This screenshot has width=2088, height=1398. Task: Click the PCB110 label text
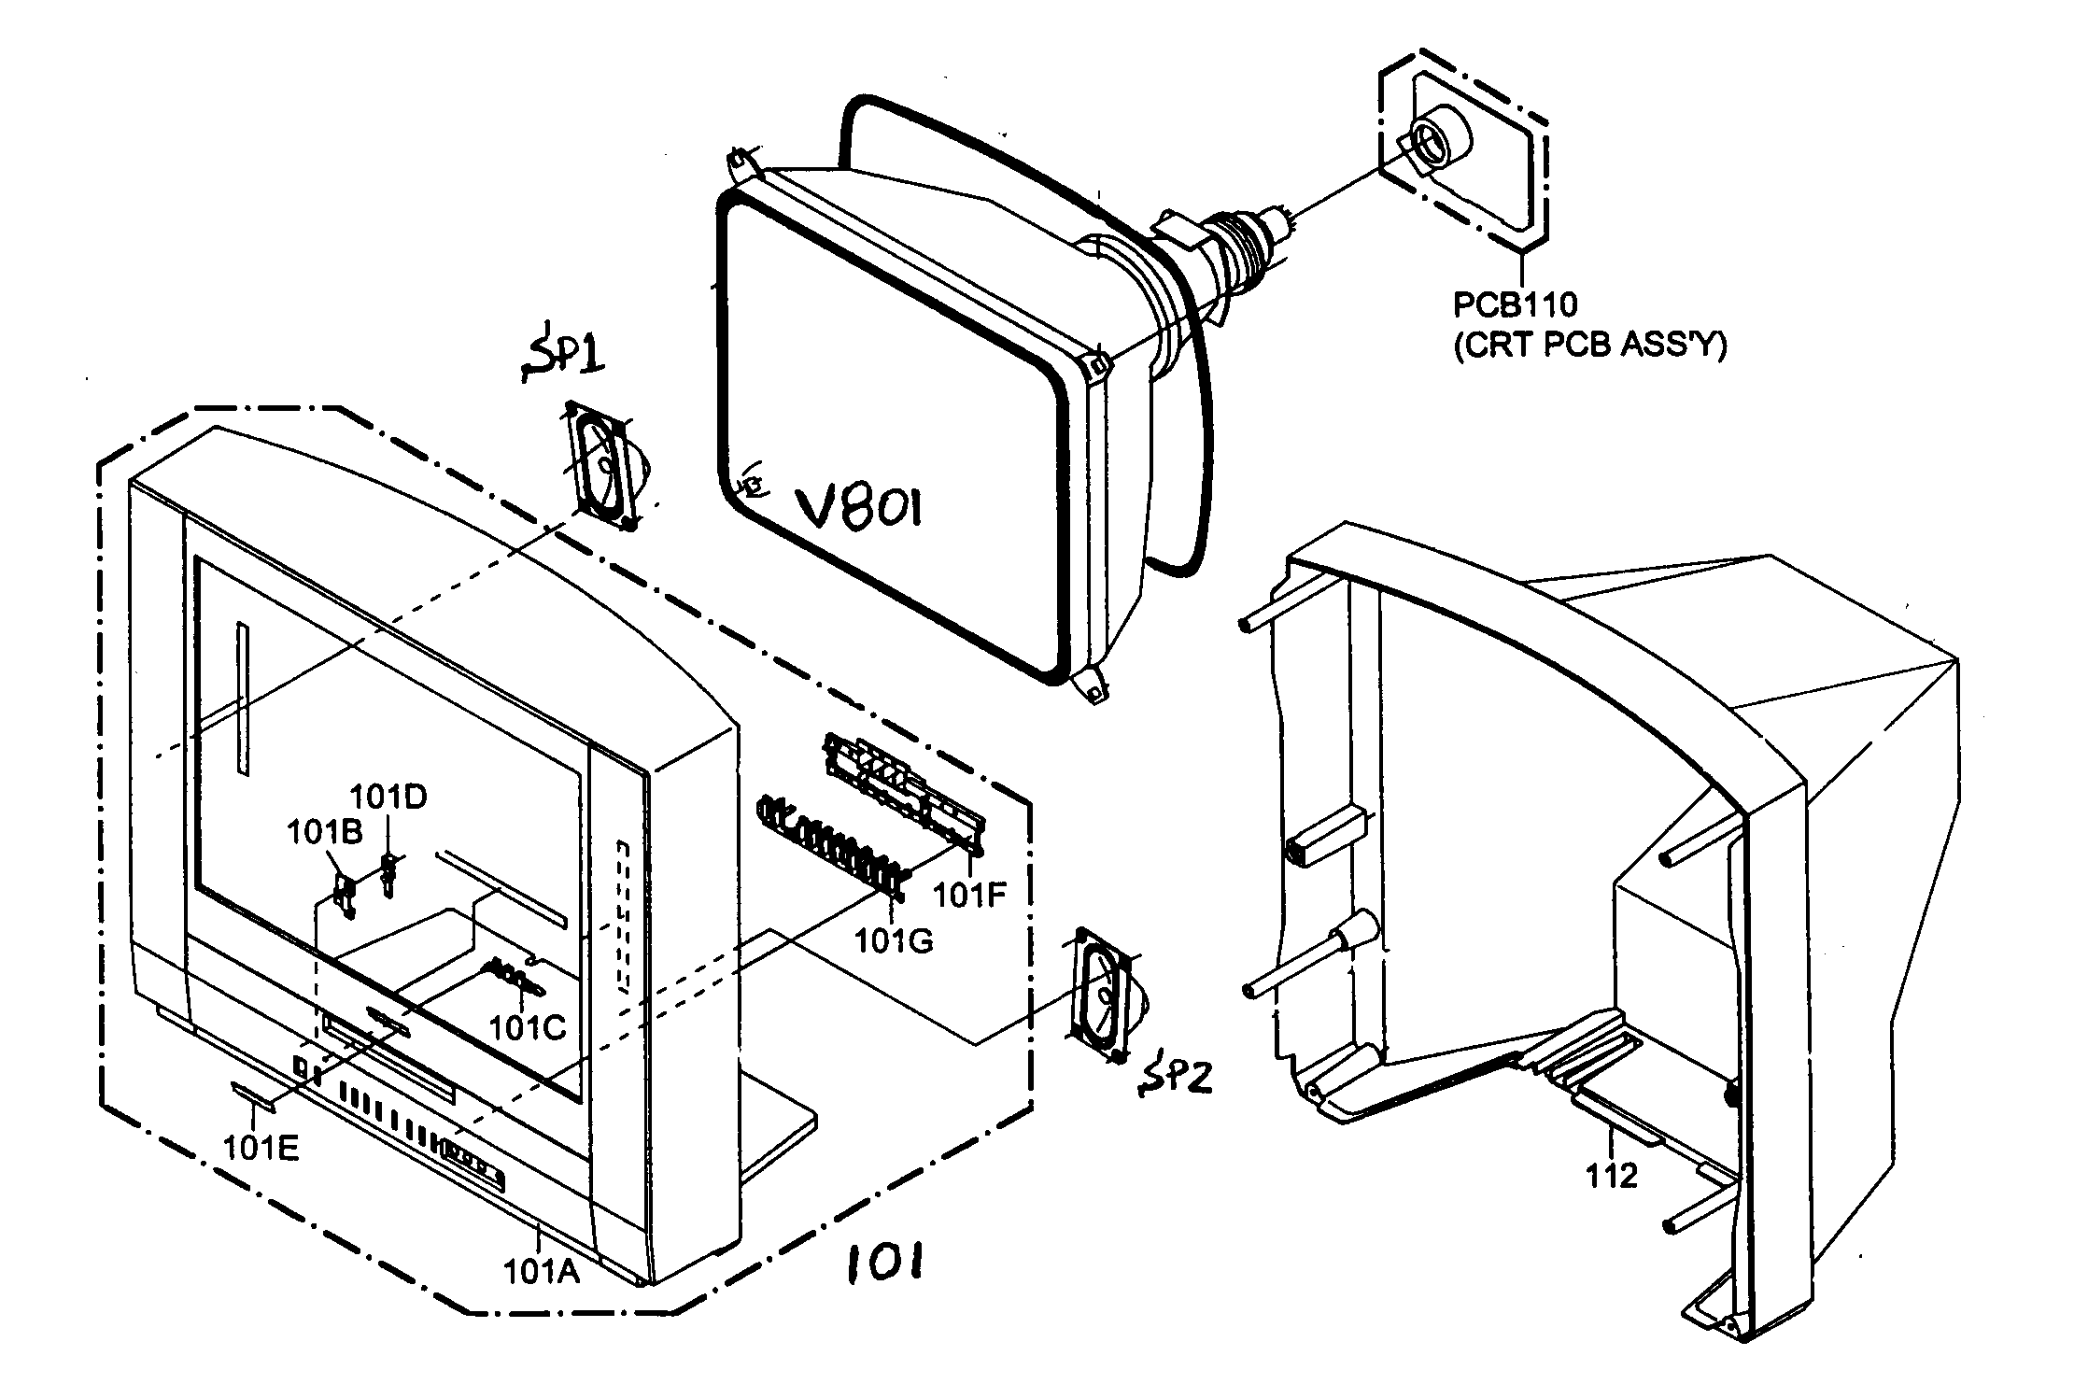[x=1515, y=304]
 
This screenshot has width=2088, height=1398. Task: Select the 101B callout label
[x=324, y=832]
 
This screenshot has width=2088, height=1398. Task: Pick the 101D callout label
[x=388, y=797]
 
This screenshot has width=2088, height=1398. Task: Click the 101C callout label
[x=528, y=1027]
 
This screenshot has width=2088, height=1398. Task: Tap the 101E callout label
[x=261, y=1148]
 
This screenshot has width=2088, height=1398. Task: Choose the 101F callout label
[x=970, y=896]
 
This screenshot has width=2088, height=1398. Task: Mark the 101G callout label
[x=895, y=941]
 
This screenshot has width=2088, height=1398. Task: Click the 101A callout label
[x=542, y=1271]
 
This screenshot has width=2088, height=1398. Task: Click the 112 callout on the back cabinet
[x=1612, y=1176]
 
